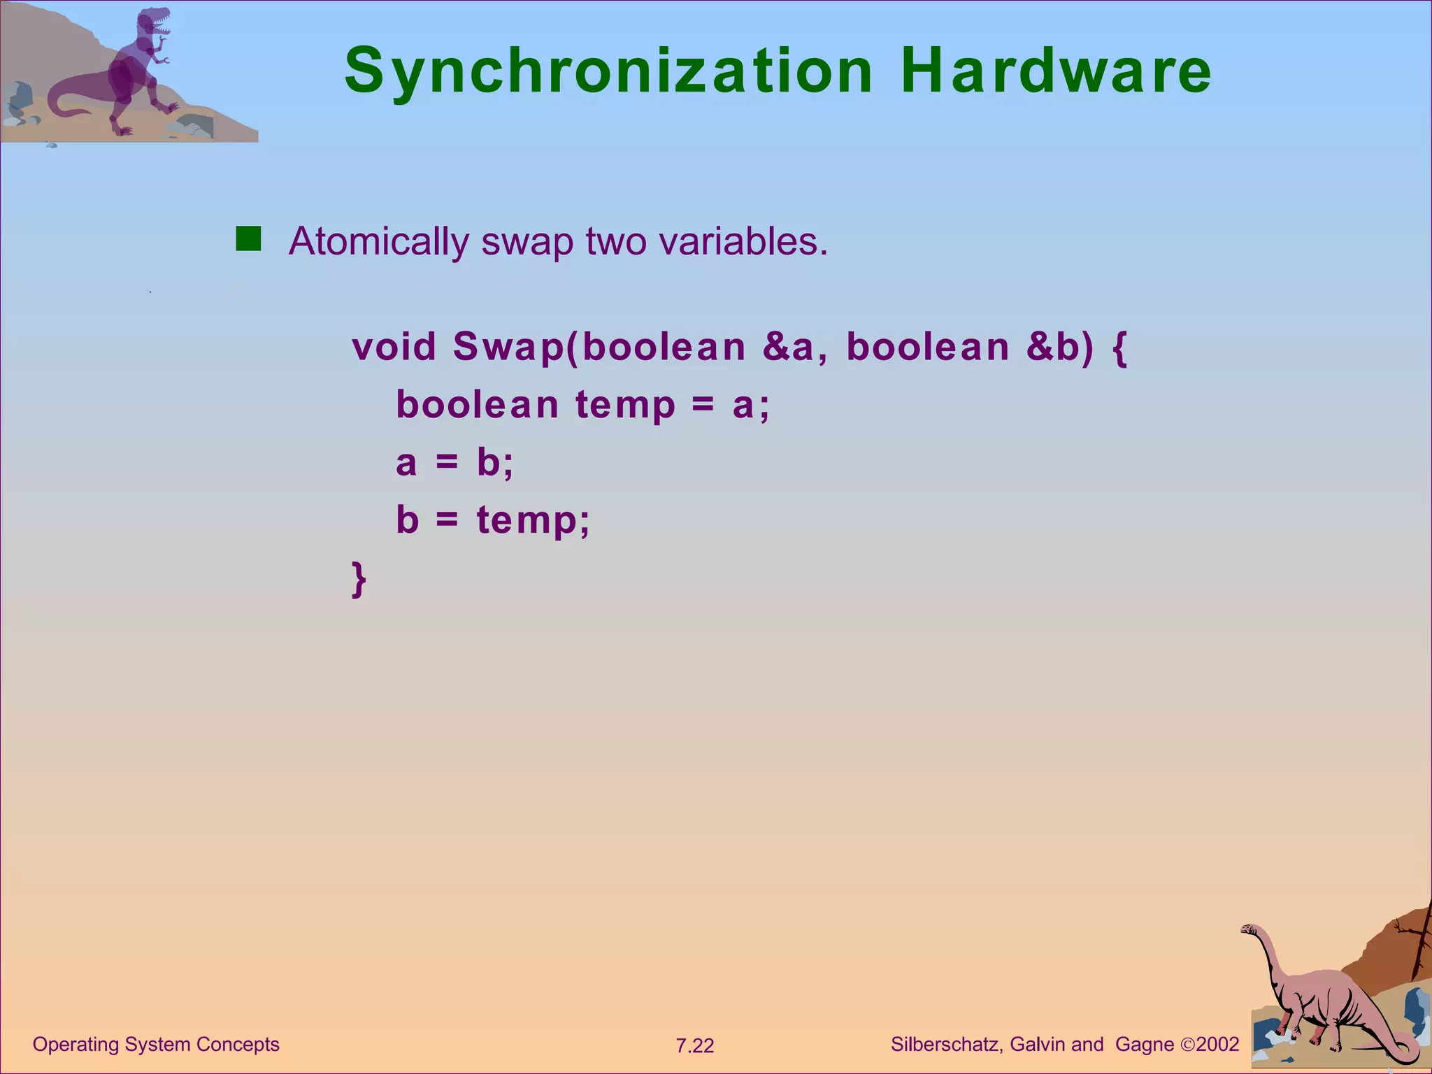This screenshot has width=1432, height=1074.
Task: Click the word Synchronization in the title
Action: click(x=608, y=71)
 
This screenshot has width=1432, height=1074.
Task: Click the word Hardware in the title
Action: click(x=1056, y=71)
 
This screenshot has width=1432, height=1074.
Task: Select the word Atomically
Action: click(x=378, y=242)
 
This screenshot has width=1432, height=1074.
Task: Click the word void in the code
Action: click(x=394, y=347)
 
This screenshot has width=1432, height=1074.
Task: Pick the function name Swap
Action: click(x=508, y=347)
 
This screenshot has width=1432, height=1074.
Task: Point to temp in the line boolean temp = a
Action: click(x=626, y=406)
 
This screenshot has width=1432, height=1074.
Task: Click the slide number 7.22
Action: click(x=694, y=1046)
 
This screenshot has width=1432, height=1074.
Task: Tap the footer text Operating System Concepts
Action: click(x=156, y=1045)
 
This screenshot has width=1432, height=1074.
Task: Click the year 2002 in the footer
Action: click(x=1217, y=1045)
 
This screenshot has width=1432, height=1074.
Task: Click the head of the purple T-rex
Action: click(x=155, y=21)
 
